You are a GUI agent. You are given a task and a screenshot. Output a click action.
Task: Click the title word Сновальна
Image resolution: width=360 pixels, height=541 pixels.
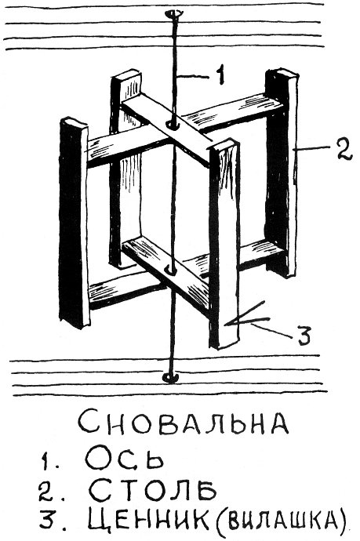tap(183, 422)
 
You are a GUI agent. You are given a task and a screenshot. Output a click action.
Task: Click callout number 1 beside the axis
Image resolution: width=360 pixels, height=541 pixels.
tap(220, 74)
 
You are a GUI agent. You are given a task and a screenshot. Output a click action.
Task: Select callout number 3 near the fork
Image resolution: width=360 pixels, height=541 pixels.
tap(304, 334)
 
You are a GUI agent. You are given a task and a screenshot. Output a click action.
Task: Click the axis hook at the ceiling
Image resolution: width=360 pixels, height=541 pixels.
tap(173, 14)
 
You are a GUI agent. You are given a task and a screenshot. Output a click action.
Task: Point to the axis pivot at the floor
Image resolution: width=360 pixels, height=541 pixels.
tap(170, 377)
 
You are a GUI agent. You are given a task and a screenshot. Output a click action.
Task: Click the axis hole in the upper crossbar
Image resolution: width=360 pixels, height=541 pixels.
tap(172, 125)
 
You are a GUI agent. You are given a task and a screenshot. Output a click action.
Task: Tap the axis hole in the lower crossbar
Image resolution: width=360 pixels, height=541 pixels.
tap(170, 270)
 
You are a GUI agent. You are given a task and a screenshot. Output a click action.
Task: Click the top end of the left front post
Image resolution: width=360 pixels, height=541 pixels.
tap(74, 123)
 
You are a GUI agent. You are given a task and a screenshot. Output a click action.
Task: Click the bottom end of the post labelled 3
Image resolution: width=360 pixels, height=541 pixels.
tap(224, 343)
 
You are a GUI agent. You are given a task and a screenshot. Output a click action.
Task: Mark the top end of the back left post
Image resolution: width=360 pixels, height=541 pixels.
tap(126, 75)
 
